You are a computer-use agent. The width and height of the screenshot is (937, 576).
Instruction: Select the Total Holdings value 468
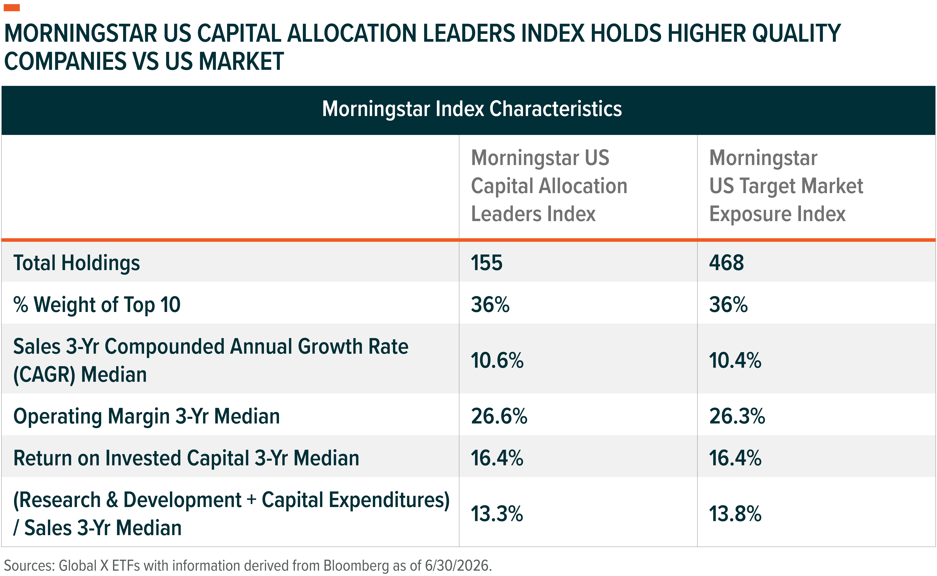tap(726, 263)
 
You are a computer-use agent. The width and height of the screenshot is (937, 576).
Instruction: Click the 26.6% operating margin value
tap(499, 416)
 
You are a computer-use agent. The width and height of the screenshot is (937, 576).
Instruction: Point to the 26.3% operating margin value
tap(737, 416)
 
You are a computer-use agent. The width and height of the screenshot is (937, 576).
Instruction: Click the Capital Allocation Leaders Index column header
tap(549, 186)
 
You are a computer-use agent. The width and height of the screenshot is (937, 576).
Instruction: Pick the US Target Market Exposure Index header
tap(786, 186)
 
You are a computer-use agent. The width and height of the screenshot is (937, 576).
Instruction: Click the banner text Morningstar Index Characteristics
tap(472, 109)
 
